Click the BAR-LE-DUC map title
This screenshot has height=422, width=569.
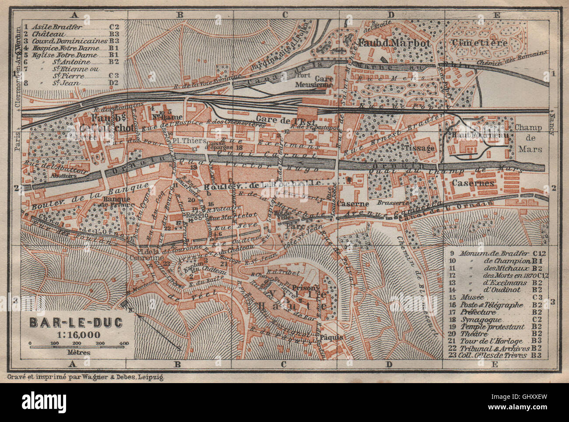pos(77,322)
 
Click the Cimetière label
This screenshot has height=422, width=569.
pos(480,43)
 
